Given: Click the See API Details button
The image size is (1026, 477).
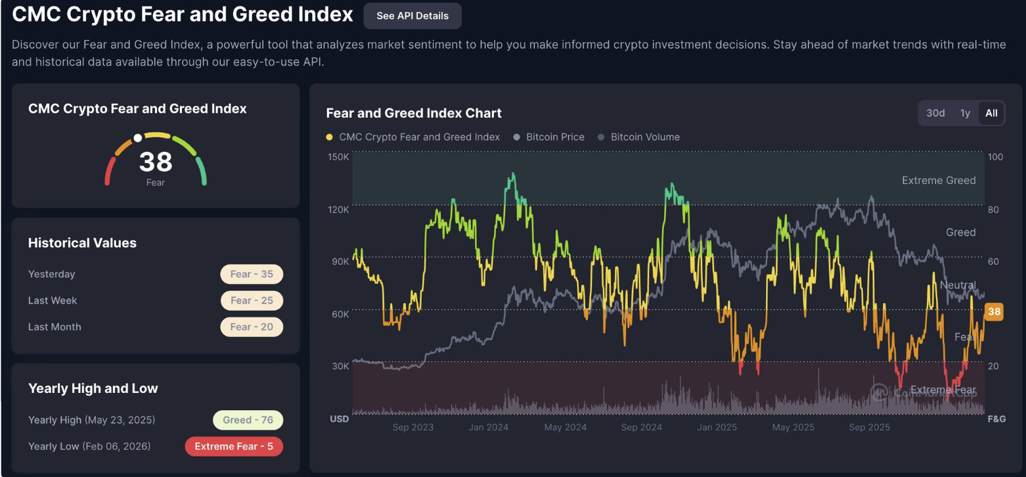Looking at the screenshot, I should click(413, 16).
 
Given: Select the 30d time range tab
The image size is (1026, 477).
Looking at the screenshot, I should click(935, 113).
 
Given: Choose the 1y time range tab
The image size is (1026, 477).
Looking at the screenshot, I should click(965, 113).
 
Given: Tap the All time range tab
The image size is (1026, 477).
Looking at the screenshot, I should click(991, 113).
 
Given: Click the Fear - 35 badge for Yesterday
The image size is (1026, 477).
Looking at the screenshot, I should click(252, 274).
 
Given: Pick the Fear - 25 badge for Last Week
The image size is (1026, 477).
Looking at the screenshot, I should click(252, 300).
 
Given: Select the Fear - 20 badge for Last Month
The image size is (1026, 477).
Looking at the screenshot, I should click(252, 327).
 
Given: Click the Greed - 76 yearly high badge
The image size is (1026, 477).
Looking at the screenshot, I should click(248, 420).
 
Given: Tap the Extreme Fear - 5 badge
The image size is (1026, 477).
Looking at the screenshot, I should click(234, 446).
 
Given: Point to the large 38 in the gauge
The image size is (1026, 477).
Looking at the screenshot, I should click(156, 162).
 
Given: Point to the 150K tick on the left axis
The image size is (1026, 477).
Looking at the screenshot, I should click(338, 156).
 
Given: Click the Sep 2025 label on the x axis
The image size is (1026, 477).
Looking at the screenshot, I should click(869, 427).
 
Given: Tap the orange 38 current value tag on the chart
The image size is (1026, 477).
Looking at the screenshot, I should click(994, 312).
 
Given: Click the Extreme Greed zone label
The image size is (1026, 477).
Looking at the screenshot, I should click(939, 180).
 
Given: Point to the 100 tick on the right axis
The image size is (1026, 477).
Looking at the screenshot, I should click(995, 156).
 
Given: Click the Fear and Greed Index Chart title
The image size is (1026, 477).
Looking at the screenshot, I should click(414, 113).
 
